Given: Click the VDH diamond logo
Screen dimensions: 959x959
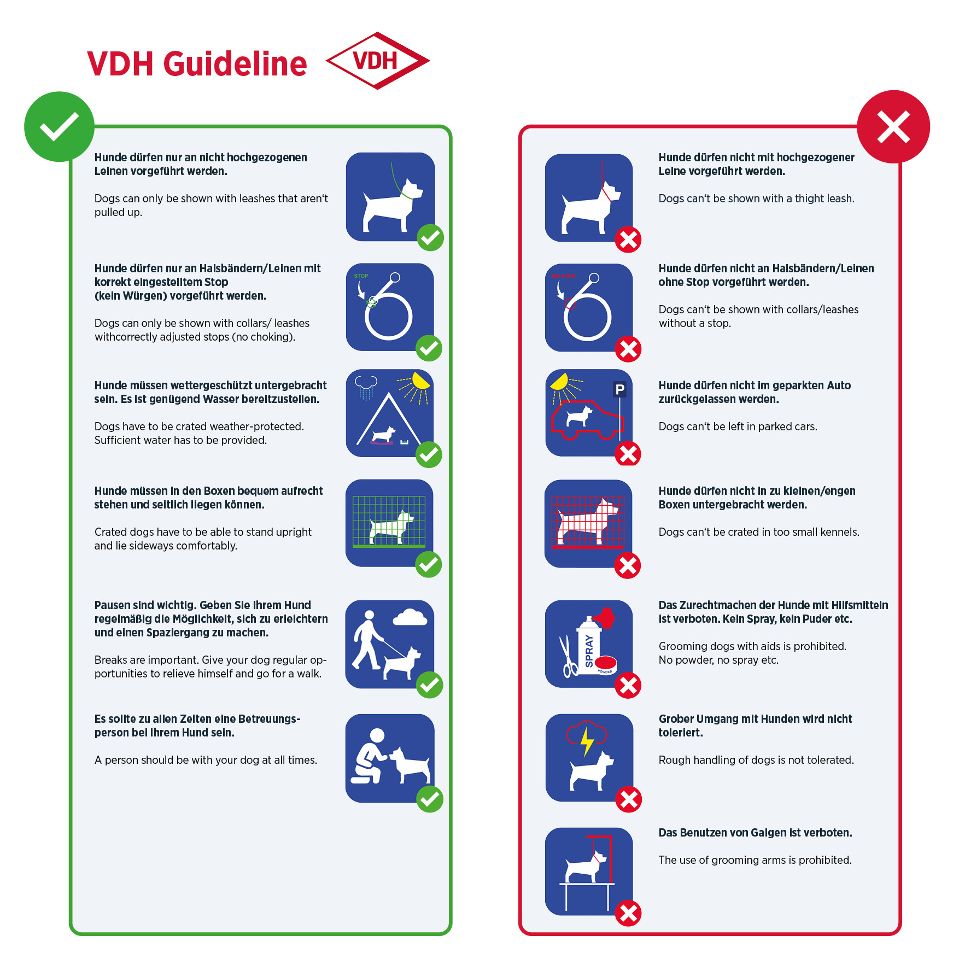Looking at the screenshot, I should click(x=377, y=61).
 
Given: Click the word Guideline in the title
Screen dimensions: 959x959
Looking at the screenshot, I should click(x=235, y=64).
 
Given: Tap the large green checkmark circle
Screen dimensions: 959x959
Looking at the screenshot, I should click(x=59, y=126).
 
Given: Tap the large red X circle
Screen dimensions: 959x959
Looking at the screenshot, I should click(x=893, y=126).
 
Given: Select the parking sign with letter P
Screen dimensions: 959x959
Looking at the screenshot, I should click(x=619, y=389).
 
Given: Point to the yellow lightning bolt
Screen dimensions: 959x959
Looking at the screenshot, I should click(x=587, y=741).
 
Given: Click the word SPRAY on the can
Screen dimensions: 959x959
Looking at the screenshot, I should click(x=589, y=651).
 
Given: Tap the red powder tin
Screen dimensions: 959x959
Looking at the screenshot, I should click(x=606, y=664).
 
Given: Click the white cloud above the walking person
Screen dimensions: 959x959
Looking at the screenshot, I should click(x=410, y=617).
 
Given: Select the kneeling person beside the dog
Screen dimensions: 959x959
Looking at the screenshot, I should click(x=370, y=757).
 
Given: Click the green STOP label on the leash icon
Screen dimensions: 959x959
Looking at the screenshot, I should click(x=361, y=276).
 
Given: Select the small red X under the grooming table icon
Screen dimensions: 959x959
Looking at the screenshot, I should click(x=628, y=913).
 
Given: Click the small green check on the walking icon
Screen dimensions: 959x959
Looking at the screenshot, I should click(x=430, y=685).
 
